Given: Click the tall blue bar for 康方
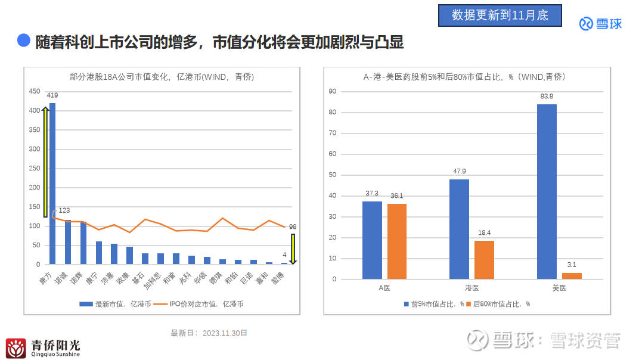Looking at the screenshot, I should pyautogui.click(x=52, y=184).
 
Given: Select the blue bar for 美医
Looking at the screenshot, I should pyautogui.click(x=547, y=191).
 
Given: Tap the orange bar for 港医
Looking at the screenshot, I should pyautogui.click(x=484, y=259).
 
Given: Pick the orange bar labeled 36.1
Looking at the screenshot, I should pyautogui.click(x=396, y=241).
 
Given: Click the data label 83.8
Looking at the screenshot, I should pyautogui.click(x=547, y=96).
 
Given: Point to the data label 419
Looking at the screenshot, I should pyautogui.click(x=52, y=95).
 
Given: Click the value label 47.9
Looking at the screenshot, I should pyautogui.click(x=459, y=171).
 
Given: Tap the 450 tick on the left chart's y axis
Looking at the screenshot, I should pyautogui.click(x=34, y=91).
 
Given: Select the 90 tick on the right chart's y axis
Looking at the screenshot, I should pyautogui.click(x=333, y=91).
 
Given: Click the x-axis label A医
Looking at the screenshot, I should pyautogui.click(x=384, y=288).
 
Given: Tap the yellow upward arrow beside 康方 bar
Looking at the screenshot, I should pyautogui.click(x=45, y=162).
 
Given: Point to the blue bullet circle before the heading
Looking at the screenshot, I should pyautogui.click(x=24, y=41).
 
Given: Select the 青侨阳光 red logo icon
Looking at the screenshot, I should pyautogui.click(x=15, y=348).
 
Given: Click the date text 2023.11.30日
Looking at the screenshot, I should pyautogui.click(x=225, y=333).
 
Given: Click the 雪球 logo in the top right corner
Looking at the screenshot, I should pyautogui.click(x=600, y=24).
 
